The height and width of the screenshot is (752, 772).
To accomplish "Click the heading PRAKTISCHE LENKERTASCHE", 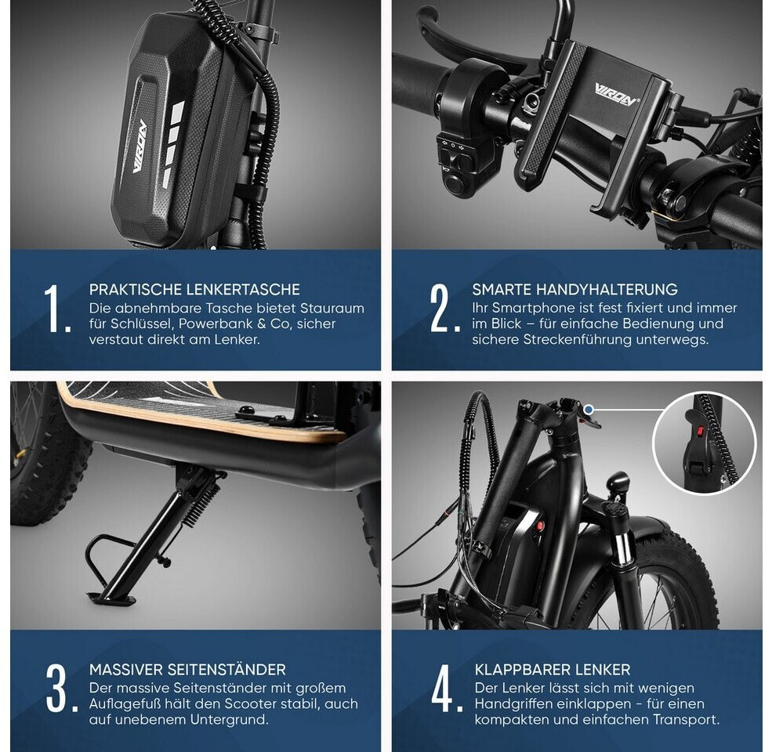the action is (x=194, y=289).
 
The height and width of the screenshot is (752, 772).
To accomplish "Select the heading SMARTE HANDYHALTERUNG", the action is (x=574, y=289).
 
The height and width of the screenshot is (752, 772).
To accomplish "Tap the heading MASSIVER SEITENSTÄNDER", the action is (x=187, y=669).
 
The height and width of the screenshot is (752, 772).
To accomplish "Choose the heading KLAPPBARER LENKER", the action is (x=553, y=669).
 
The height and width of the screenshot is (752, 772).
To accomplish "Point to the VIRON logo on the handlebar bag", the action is (x=140, y=146).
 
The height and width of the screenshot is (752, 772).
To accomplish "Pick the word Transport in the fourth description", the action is (x=686, y=720).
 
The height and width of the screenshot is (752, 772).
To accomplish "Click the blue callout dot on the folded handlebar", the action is (x=589, y=409).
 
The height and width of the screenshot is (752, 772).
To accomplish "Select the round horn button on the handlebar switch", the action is (x=452, y=184).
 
